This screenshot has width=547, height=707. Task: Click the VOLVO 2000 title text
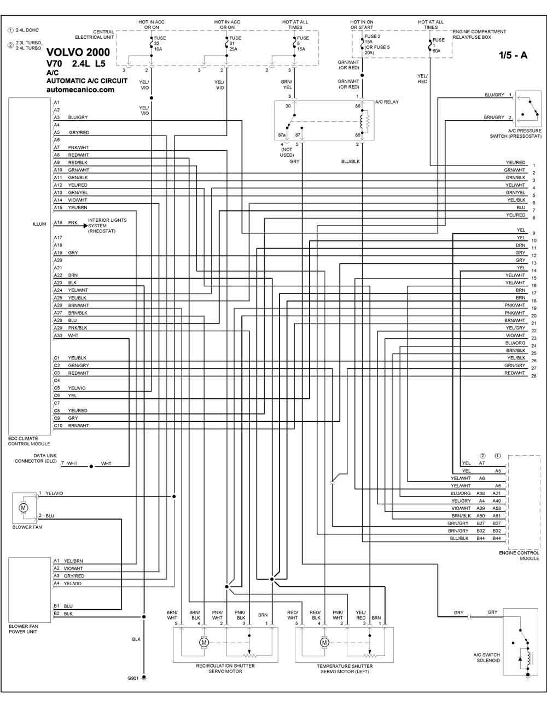click(78, 52)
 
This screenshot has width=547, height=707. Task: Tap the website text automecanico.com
click(80, 90)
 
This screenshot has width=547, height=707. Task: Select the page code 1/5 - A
click(513, 55)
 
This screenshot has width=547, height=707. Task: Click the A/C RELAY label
click(387, 102)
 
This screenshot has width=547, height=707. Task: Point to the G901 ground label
click(133, 678)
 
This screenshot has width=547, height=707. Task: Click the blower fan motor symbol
click(24, 507)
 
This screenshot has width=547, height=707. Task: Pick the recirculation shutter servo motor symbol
click(204, 642)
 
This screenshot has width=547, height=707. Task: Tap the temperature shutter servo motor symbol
click(324, 642)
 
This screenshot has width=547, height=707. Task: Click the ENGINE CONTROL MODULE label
click(519, 556)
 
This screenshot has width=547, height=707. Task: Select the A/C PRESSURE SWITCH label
click(516, 133)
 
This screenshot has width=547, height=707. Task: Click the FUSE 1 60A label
click(438, 45)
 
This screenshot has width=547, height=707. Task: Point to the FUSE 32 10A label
click(160, 44)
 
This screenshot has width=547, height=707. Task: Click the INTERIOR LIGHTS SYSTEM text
click(107, 226)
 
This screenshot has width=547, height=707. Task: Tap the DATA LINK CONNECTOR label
click(36, 458)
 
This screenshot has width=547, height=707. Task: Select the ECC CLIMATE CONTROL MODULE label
click(29, 441)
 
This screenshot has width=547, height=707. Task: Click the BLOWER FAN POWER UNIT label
click(23, 629)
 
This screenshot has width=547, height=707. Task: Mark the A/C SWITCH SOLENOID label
click(486, 657)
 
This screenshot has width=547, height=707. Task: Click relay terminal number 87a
click(282, 135)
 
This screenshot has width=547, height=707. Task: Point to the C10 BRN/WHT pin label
click(71, 426)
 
